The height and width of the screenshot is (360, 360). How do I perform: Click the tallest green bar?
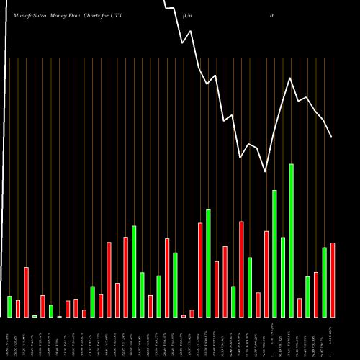291,240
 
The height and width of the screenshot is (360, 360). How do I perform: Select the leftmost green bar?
9,307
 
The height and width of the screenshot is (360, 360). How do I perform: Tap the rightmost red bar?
333,280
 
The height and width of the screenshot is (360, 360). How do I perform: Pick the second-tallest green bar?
274,253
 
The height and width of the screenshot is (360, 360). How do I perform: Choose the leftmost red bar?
18,309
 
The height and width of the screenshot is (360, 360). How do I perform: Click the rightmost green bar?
324,282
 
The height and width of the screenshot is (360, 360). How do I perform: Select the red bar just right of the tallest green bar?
300,308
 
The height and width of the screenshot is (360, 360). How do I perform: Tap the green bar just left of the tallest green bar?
283,277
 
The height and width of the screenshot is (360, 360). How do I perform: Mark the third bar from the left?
26,292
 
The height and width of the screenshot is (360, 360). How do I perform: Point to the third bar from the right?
316,294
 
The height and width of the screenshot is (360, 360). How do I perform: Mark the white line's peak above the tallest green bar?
291,78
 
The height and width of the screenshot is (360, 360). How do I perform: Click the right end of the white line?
332,137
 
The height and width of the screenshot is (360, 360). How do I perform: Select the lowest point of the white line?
266,171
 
